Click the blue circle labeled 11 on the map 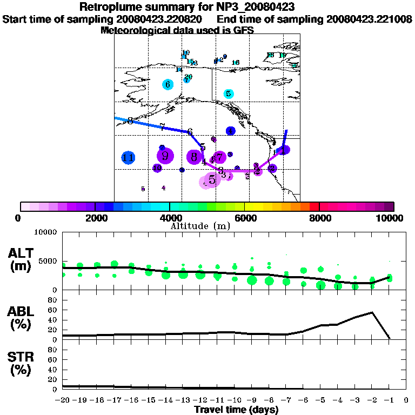[x=128, y=158]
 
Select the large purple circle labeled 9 [x=165, y=156]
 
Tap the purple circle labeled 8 [x=194, y=157]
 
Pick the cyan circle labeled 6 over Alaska [x=168, y=84]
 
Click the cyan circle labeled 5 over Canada [x=229, y=93]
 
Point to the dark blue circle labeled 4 [x=231, y=131]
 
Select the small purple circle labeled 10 [x=157, y=168]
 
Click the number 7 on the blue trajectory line [x=162, y=127]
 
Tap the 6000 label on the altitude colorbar [x=244, y=218]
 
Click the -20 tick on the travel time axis [x=63, y=400]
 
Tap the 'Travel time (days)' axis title [x=236, y=410]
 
